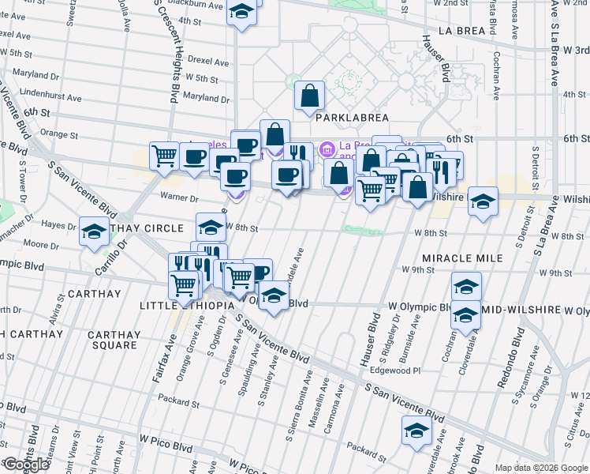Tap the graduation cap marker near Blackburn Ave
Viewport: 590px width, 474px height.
click(x=243, y=13)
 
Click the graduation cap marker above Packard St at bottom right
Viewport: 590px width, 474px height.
click(x=416, y=431)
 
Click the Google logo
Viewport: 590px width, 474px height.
click(x=25, y=465)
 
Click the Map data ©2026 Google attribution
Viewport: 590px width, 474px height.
click(x=540, y=468)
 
